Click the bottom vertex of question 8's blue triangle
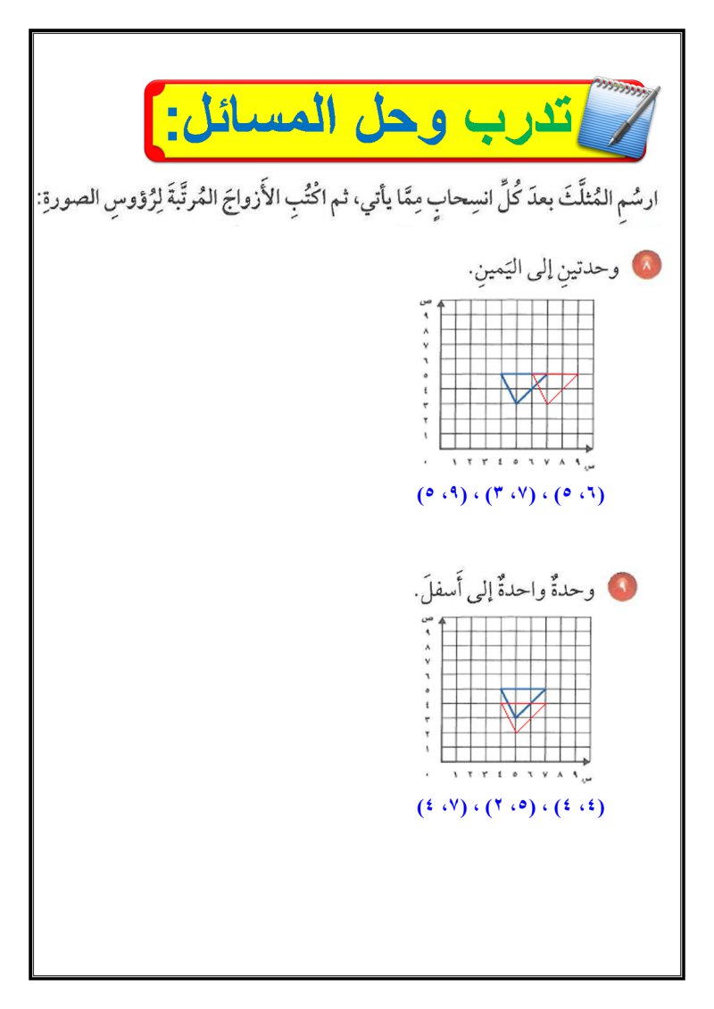(517, 403)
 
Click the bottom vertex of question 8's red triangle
(546, 403)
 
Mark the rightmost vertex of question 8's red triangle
(577, 375)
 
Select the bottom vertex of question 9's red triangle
(516, 732)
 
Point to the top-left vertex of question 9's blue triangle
(502, 689)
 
